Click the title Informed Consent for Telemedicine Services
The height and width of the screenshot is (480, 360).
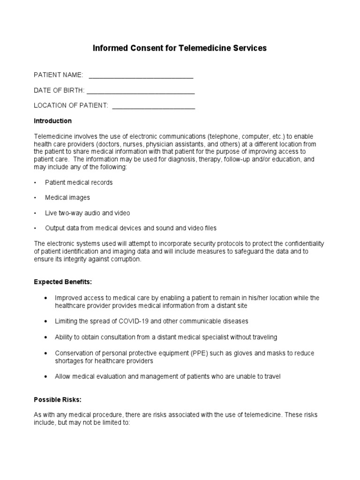(180, 48)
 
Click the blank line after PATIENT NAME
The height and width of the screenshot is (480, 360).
(141, 76)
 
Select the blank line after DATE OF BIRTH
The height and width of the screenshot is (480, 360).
(141, 92)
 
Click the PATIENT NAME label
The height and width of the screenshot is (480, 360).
(58, 75)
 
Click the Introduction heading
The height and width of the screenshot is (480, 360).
(52, 121)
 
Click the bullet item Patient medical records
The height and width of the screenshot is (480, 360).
(79, 182)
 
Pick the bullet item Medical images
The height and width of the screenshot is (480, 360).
(67, 198)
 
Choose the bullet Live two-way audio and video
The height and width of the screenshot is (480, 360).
(87, 213)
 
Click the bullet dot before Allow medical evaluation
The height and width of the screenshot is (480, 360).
(45, 377)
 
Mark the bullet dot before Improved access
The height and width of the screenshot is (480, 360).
(45, 298)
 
